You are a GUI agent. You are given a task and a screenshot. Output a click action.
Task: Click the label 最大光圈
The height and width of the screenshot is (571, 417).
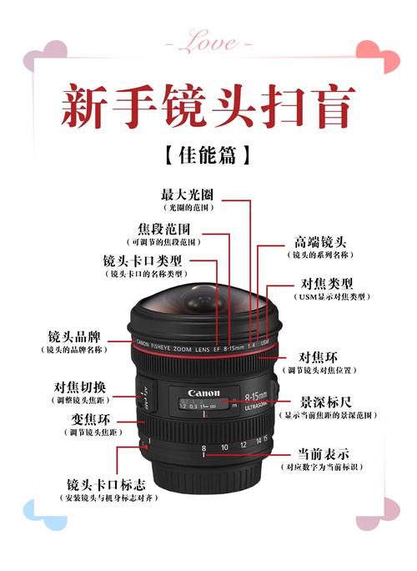187,195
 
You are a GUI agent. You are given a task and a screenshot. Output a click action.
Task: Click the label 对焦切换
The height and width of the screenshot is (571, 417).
80,387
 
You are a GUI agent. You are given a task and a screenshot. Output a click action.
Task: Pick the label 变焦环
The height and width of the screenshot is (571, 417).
93,418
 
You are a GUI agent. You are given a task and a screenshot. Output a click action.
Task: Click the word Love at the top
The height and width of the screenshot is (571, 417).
208,39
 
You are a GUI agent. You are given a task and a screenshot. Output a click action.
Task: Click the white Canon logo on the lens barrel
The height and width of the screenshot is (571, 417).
203,393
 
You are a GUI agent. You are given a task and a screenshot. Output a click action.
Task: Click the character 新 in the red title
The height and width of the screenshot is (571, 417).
88,107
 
